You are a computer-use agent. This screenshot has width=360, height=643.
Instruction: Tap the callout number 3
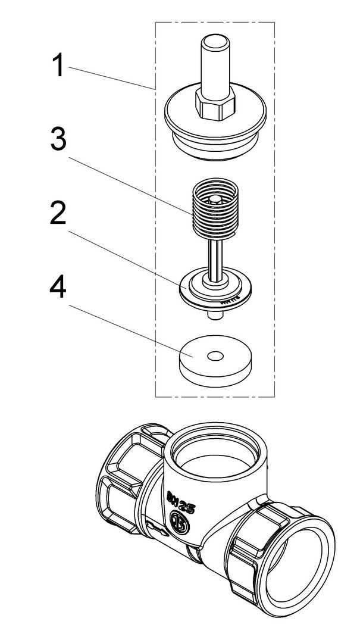[58, 141]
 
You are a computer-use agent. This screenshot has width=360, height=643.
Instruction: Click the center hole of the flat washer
[214, 355]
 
